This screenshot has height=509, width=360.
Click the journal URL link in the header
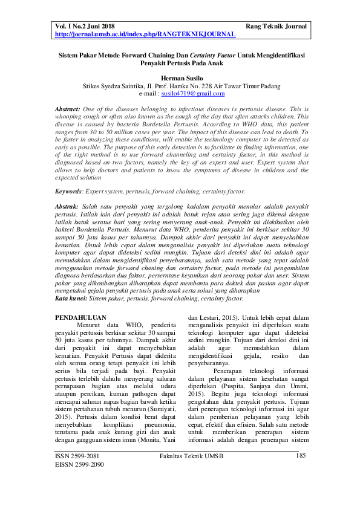145,35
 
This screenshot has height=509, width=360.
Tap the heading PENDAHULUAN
81,317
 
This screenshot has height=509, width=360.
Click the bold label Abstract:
67,107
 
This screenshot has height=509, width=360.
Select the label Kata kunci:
71,298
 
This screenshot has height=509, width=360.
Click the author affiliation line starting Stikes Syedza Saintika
180,86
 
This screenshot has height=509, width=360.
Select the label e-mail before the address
149,94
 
